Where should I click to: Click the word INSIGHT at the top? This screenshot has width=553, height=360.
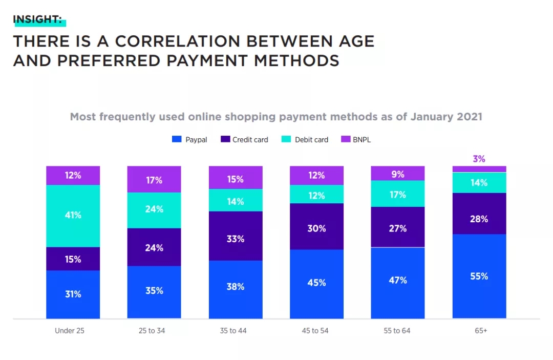tap(37, 20)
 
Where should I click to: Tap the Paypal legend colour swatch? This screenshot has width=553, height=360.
tap(177, 139)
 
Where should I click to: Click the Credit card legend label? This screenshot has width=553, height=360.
tap(250, 139)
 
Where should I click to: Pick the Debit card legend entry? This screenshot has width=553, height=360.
tap(311, 139)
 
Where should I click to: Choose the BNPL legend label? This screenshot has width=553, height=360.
tap(361, 139)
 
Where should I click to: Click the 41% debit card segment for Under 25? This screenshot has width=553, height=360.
tap(73, 216)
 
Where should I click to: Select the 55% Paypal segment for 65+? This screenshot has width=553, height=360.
tap(479, 276)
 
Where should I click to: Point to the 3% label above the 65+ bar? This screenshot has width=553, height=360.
tap(479, 159)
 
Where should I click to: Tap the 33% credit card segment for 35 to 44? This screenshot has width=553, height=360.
tap(236, 239)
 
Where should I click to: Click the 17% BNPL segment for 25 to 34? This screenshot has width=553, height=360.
tap(154, 180)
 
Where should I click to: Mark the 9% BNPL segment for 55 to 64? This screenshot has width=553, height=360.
tap(398, 174)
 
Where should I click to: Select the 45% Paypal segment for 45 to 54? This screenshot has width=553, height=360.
tap(316, 283)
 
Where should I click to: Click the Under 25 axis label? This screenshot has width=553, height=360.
tap(70, 331)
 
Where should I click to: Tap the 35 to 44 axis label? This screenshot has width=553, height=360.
tap(233, 331)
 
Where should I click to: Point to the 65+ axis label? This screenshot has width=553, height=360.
tap(480, 331)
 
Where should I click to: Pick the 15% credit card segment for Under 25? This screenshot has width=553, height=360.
tap(73, 259)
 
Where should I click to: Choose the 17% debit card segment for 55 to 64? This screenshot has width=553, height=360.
tap(398, 195)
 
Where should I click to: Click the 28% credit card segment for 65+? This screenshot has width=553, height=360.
tap(479, 219)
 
